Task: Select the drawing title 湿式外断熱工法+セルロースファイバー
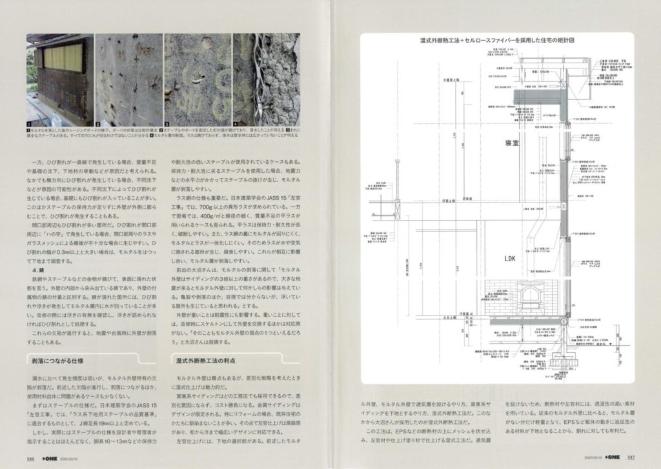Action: (496, 39)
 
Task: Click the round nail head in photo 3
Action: (207, 45)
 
